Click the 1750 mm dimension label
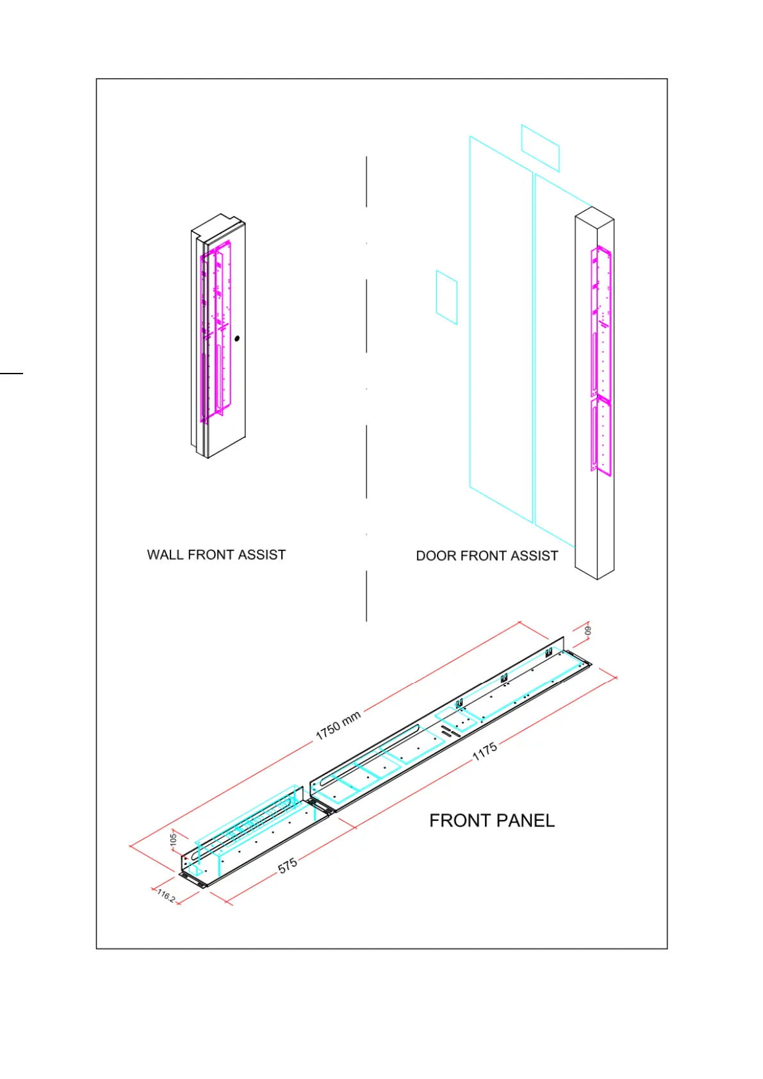(x=338, y=725)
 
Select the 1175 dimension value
(x=485, y=751)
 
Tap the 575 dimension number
(x=288, y=865)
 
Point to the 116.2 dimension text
(x=166, y=895)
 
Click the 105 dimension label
(x=174, y=839)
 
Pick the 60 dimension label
(x=588, y=630)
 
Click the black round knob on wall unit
(x=237, y=338)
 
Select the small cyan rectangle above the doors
(x=540, y=148)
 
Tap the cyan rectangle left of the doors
(x=447, y=297)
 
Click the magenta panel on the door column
(x=601, y=359)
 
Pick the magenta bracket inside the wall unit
(x=214, y=333)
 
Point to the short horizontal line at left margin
(x=11, y=372)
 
